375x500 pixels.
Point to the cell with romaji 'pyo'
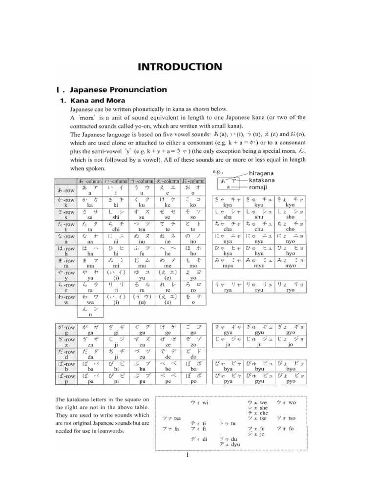tap(291, 379)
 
